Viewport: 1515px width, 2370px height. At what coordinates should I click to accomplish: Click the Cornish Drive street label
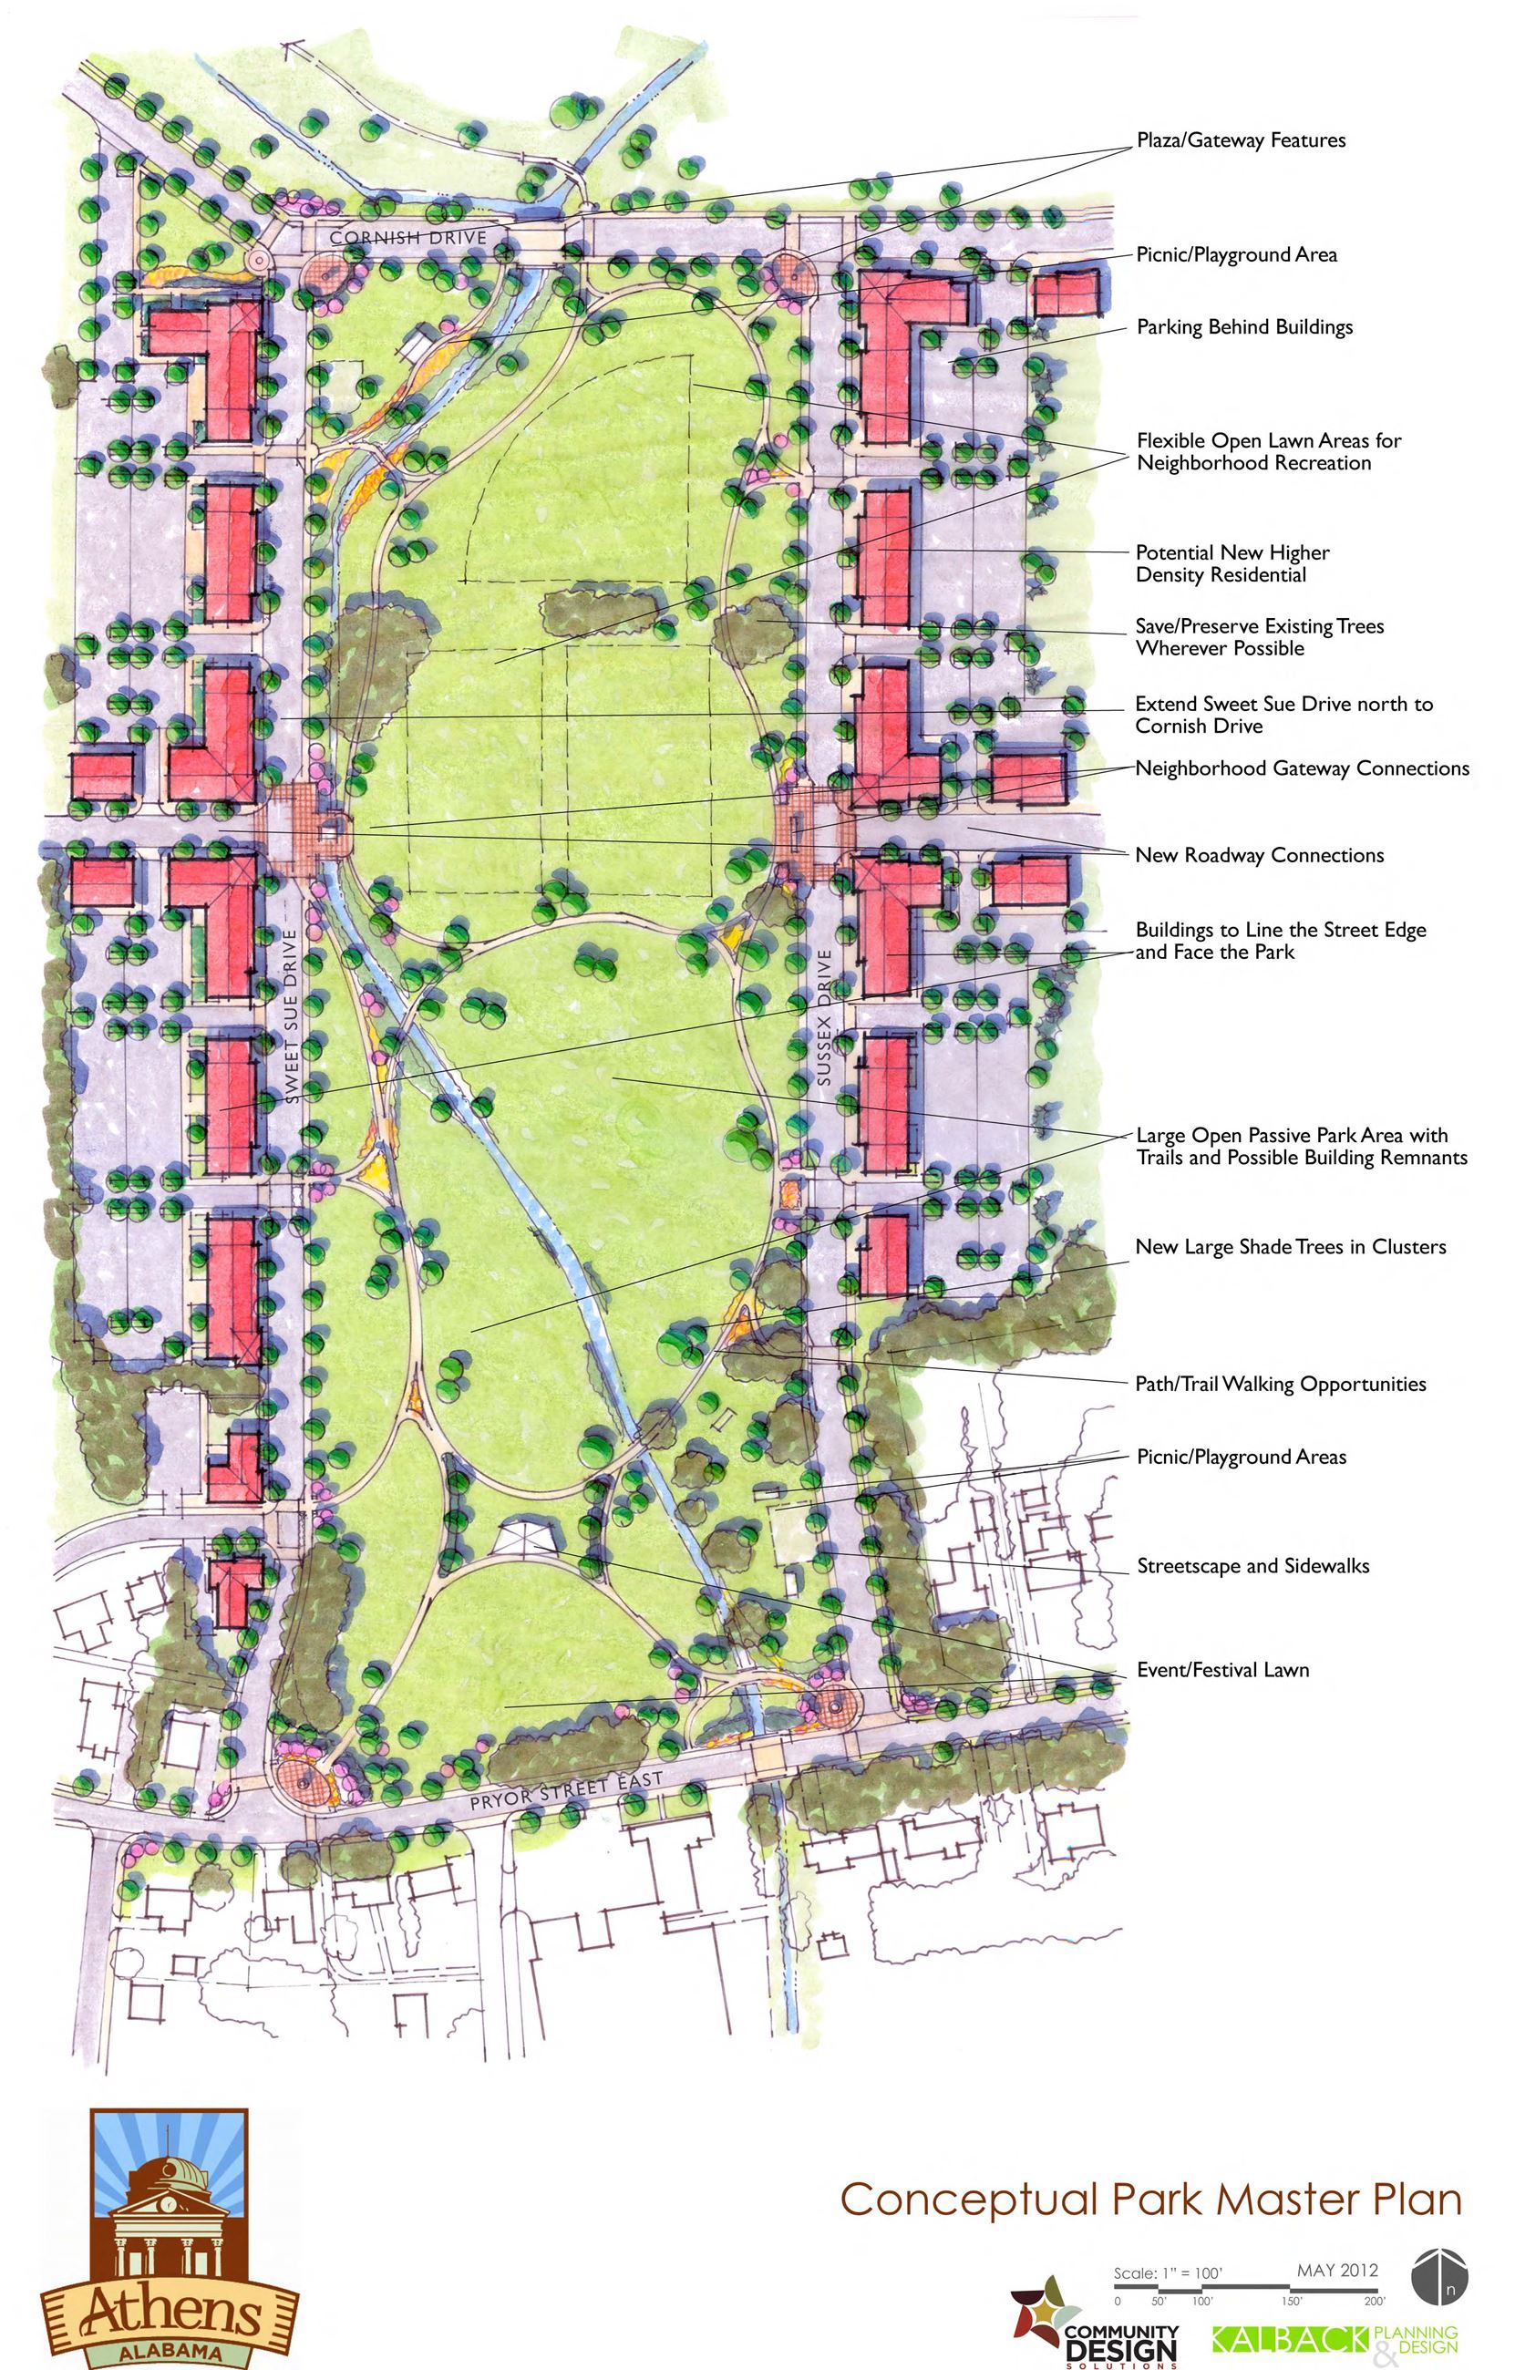(407, 237)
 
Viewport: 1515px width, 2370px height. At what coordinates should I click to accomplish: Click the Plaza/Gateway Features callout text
(1241, 139)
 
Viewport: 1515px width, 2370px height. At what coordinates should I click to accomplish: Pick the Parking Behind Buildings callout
(1244, 326)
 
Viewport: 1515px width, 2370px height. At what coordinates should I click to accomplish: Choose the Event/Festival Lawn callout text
(1222, 1669)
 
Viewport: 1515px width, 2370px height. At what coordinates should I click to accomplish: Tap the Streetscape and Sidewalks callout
(1252, 1565)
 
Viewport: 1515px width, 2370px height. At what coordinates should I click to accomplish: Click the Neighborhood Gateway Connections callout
(1302, 768)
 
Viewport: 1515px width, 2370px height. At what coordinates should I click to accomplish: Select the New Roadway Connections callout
(1259, 854)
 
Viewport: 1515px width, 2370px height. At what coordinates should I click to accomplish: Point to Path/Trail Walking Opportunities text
(1280, 1383)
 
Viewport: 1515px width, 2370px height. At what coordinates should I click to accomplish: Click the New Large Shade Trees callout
(1290, 1246)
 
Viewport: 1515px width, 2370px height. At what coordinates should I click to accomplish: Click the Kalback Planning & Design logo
(1334, 2340)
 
